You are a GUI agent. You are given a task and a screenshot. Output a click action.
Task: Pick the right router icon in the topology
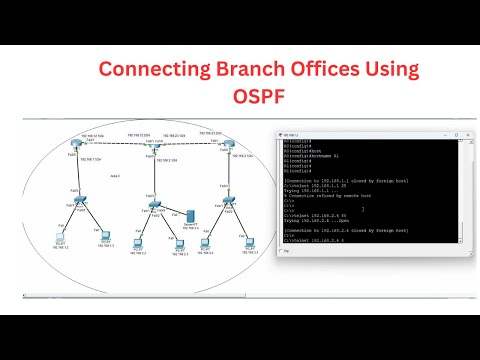[x=228, y=144]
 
